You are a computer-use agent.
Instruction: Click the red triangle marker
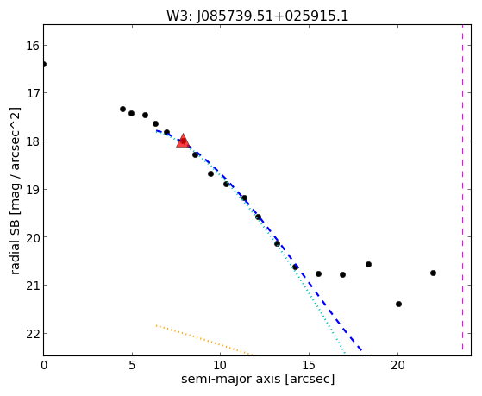(x=183, y=141)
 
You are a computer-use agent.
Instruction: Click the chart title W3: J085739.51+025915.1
(x=257, y=16)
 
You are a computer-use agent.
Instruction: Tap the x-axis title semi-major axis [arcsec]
(x=258, y=379)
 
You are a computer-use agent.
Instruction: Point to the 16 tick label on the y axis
(x=33, y=46)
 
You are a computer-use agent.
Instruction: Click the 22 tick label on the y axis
(x=33, y=334)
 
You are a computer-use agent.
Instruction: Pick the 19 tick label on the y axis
(x=33, y=189)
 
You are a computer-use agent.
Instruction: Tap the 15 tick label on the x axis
(x=309, y=366)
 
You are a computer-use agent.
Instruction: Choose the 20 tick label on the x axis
(x=397, y=366)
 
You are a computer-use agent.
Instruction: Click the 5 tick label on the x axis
(x=132, y=366)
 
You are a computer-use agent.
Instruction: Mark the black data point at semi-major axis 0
(x=44, y=65)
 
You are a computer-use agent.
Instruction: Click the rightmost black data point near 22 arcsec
(x=433, y=273)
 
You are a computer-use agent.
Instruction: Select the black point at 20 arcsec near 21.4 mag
(x=398, y=304)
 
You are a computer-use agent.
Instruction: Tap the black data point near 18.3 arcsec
(x=368, y=264)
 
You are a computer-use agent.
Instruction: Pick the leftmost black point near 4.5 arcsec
(x=122, y=109)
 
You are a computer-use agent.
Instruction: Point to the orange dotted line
(x=204, y=340)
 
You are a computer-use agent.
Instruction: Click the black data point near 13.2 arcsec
(x=277, y=244)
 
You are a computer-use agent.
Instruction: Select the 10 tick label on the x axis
(x=220, y=366)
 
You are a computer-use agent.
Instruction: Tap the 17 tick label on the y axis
(x=33, y=92)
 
